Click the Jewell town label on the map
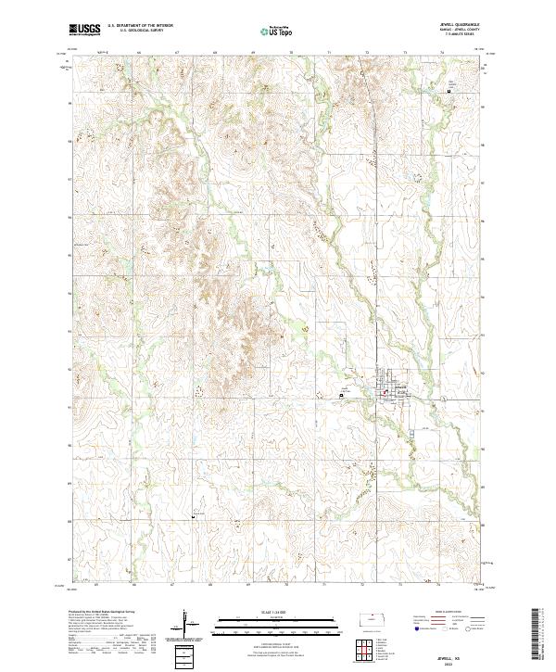coord(401,387)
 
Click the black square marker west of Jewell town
coord(341,394)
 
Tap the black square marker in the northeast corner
coord(452,90)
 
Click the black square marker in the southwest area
coord(193,515)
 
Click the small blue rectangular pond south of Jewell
coord(409,429)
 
